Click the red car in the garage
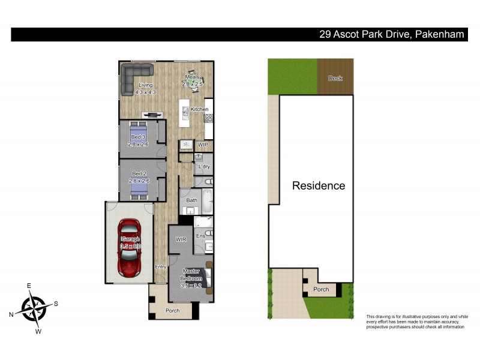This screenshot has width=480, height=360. pyautogui.click(x=129, y=247)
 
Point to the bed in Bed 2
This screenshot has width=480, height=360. pyautogui.click(x=139, y=187)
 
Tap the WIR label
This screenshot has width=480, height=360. pyautogui.click(x=181, y=240)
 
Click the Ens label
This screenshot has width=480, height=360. pyautogui.click(x=200, y=236)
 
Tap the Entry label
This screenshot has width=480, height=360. pyautogui.click(x=160, y=267)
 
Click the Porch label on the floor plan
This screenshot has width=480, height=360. pyautogui.click(x=172, y=310)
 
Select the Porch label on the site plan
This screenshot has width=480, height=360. pyautogui.click(x=321, y=289)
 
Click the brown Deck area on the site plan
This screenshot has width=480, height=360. pyautogui.click(x=335, y=77)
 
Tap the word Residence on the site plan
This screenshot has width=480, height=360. pyautogui.click(x=319, y=185)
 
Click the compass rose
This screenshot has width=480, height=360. pyautogui.click(x=34, y=308)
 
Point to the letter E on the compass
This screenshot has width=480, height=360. pyautogui.click(x=28, y=286)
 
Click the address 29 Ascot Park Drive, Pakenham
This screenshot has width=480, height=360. pyautogui.click(x=392, y=35)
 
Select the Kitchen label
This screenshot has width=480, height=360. pyautogui.click(x=200, y=109)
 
